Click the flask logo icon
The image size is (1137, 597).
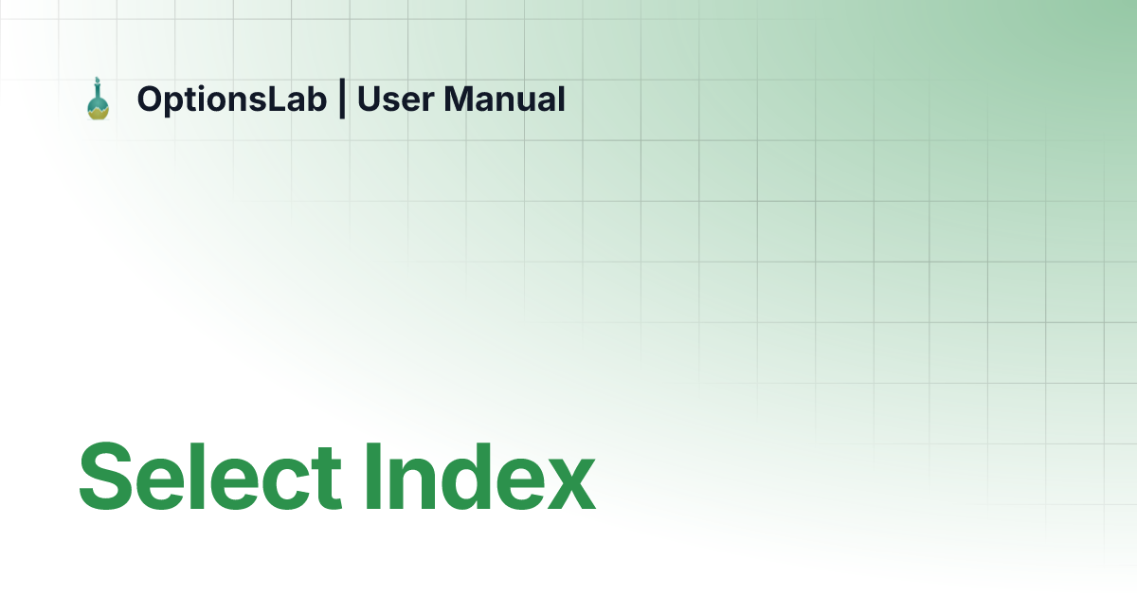98,99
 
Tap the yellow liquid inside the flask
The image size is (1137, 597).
98,111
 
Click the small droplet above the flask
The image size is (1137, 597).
98,81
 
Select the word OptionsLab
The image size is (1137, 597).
231,99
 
